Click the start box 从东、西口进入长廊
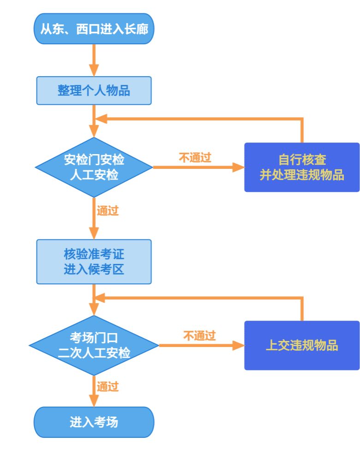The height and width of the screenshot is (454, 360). click(94, 29)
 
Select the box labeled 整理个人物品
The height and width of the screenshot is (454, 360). click(94, 90)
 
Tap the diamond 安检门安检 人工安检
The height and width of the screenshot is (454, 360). click(94, 167)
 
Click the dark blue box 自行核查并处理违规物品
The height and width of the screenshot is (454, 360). click(302, 167)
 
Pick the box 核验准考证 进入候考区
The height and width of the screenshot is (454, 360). click(94, 262)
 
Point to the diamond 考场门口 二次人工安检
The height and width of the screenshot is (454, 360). click(94, 346)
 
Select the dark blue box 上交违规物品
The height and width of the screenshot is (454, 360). click(302, 346)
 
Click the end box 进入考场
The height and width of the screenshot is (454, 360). click(94, 422)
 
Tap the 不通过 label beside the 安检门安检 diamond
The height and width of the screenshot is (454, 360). click(195, 158)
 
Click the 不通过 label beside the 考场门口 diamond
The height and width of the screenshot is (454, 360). click(199, 336)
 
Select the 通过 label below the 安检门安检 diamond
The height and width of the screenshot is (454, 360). click(108, 211)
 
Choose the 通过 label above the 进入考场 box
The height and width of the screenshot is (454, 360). click(108, 386)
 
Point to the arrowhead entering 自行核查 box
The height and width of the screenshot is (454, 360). click(238, 167)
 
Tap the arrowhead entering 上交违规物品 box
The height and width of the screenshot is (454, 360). click(238, 346)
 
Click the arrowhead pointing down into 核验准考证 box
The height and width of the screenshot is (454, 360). click(94, 233)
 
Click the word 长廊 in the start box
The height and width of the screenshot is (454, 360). click(137, 29)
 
